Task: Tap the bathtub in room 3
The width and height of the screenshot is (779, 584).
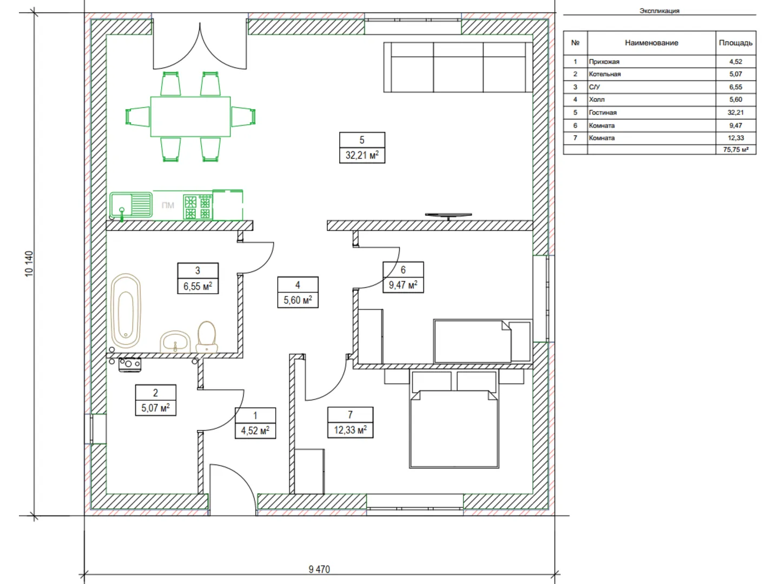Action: coord(126,310)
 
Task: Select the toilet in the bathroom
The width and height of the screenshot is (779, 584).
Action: coord(207,337)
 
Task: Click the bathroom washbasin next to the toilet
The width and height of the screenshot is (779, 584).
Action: coord(175,342)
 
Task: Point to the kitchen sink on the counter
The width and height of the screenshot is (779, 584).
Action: coord(131,204)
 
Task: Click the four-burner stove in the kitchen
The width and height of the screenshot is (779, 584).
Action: coord(197,207)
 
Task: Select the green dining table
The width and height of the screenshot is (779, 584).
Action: coord(190,116)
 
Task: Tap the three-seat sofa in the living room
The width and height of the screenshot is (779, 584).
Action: coord(458,68)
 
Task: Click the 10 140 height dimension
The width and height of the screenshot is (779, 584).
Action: coord(29,264)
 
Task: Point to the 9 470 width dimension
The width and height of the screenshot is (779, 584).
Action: coord(319,569)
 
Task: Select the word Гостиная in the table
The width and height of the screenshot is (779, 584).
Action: coord(603,113)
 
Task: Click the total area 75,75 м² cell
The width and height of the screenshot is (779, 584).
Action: coord(736,150)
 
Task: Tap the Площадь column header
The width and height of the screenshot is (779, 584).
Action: coord(736,43)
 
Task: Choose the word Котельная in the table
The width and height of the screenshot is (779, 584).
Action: coord(605,74)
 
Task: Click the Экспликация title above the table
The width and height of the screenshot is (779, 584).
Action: coord(659,11)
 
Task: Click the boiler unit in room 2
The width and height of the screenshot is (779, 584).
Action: coord(130,364)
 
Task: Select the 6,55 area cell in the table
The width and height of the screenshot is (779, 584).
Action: coord(736,87)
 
